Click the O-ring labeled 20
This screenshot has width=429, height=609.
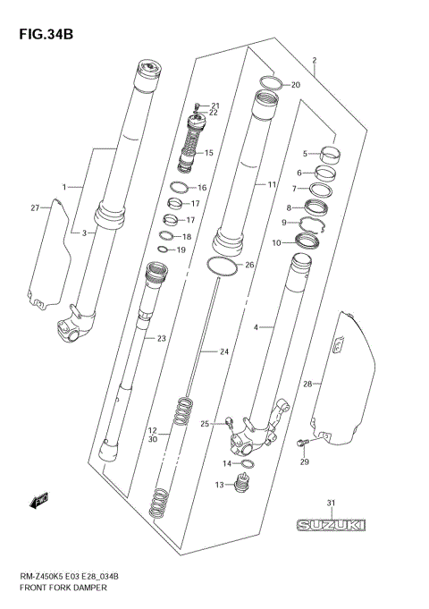[x=270, y=85]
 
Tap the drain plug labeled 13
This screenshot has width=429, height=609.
[x=238, y=486]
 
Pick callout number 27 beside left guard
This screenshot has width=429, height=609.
[x=35, y=207]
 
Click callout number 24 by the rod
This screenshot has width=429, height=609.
[x=225, y=351]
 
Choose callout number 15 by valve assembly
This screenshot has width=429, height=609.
[x=209, y=153]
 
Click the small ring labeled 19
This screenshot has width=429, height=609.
[x=166, y=250]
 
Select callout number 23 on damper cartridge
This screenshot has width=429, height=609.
[x=162, y=338]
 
